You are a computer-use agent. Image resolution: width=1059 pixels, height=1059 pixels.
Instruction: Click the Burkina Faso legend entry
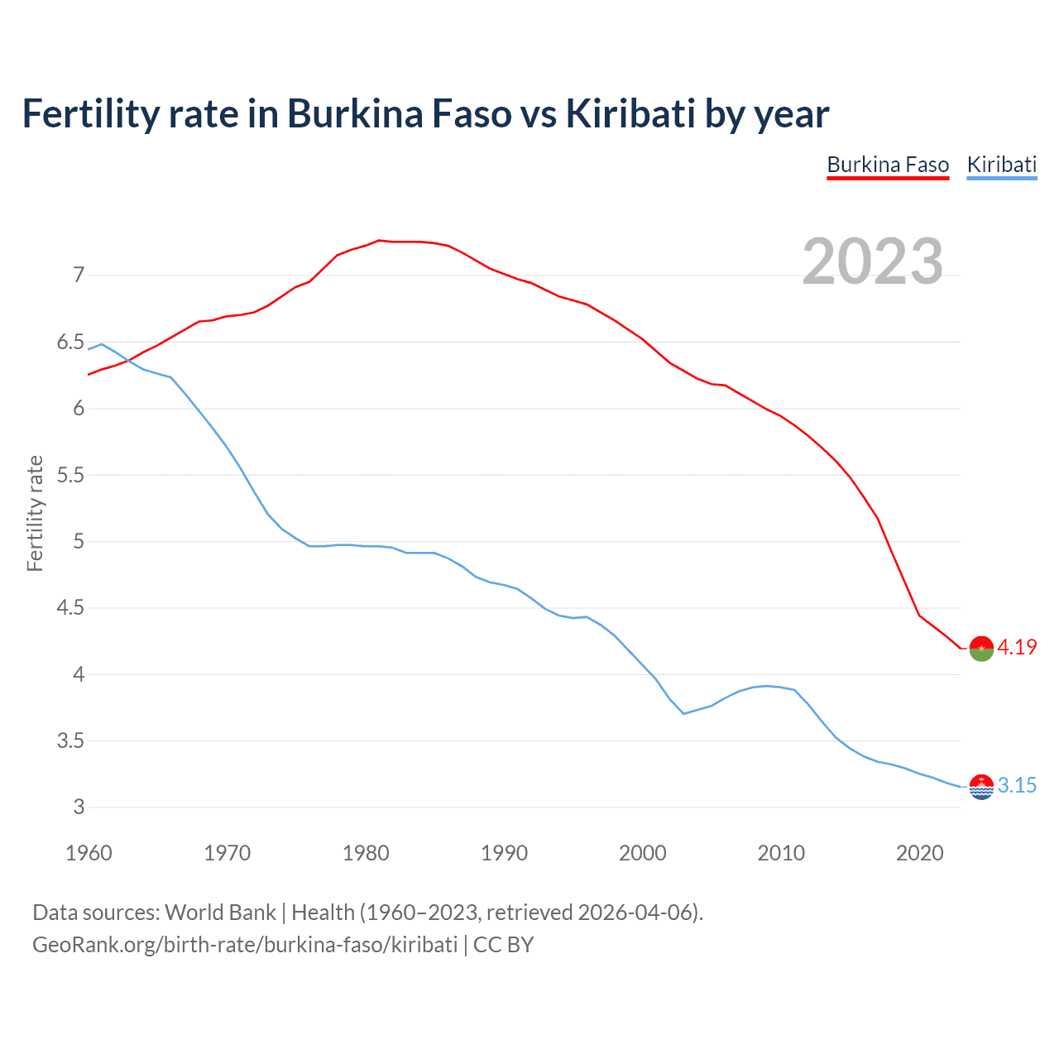pyautogui.click(x=888, y=165)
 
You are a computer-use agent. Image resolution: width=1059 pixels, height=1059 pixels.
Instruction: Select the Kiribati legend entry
pyautogui.click(x=1001, y=165)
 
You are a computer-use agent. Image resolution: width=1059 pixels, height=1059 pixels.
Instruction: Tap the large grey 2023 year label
pyautogui.click(x=873, y=261)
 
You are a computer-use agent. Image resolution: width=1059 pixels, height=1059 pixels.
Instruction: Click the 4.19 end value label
pyautogui.click(x=1017, y=648)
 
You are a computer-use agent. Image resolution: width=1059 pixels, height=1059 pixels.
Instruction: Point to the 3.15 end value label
pyautogui.click(x=1017, y=786)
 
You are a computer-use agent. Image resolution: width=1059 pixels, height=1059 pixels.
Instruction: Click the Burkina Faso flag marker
pyautogui.click(x=981, y=649)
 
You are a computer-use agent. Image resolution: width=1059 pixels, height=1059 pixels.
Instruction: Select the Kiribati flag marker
pyautogui.click(x=981, y=787)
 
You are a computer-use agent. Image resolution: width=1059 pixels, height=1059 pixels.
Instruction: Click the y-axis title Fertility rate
pyautogui.click(x=35, y=514)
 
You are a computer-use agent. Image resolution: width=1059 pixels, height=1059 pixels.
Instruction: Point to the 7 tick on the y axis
pyautogui.click(x=79, y=276)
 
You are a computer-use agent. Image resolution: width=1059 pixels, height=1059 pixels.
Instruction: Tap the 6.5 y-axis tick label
pyautogui.click(x=70, y=343)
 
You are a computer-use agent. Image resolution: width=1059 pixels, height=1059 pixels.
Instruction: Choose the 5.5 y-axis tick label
pyautogui.click(x=70, y=476)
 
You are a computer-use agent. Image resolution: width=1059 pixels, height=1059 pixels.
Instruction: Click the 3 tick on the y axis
pyautogui.click(x=79, y=807)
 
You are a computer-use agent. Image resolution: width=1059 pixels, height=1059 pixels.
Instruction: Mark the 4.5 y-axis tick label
pyautogui.click(x=70, y=608)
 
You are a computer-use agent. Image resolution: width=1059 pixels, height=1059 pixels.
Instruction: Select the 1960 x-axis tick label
pyautogui.click(x=89, y=853)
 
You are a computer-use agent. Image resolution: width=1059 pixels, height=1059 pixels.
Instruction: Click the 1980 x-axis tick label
pyautogui.click(x=366, y=853)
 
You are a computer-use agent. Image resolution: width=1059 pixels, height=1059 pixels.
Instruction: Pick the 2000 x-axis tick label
pyautogui.click(x=643, y=853)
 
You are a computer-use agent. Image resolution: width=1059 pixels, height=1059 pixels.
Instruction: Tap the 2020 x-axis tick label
pyautogui.click(x=919, y=853)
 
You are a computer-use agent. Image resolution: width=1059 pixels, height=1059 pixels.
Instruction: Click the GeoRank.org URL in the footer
pyautogui.click(x=245, y=945)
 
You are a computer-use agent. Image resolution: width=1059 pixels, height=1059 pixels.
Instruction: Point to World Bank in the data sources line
pyautogui.click(x=220, y=913)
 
